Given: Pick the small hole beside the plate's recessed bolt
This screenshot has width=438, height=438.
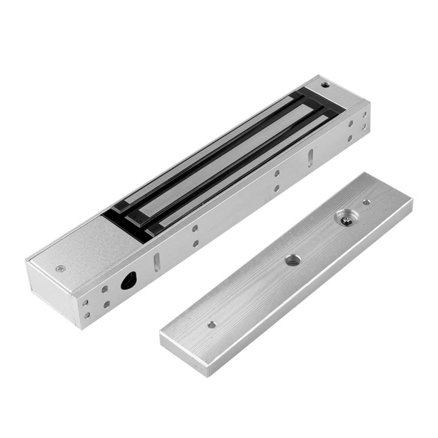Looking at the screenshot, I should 366,202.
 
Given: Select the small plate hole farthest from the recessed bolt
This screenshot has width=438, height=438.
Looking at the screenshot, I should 212,325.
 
